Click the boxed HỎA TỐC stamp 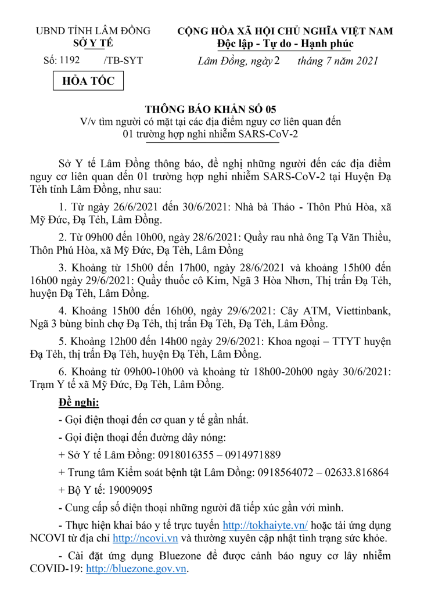(88, 81)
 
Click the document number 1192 (69, 60)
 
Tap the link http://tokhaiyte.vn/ (265, 525)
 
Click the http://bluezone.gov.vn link (136, 569)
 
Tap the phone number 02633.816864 (355, 472)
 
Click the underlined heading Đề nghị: (79, 403)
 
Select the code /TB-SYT (123, 60)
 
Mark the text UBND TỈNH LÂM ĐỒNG (93, 31)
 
